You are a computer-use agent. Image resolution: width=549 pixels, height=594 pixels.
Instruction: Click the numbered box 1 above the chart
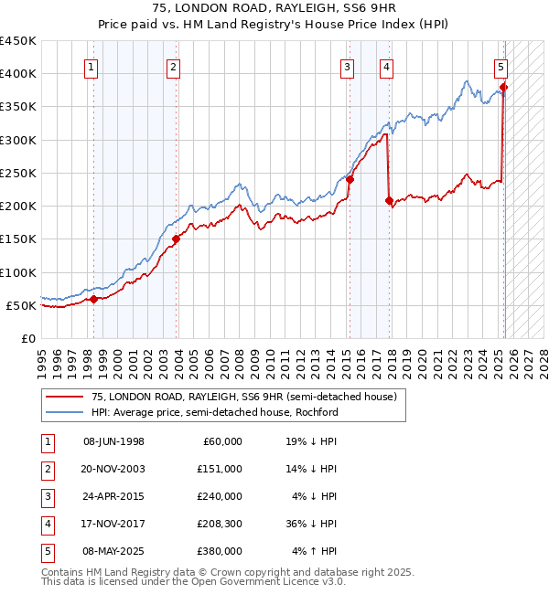click(x=92, y=66)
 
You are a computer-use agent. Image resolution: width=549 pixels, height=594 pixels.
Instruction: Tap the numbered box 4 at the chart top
click(x=387, y=66)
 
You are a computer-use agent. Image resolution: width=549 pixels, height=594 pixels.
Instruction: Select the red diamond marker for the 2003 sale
click(x=176, y=239)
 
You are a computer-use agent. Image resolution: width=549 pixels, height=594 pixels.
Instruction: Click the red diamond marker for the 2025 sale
click(x=503, y=88)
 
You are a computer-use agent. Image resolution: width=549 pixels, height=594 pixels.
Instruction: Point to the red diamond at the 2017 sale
click(x=390, y=201)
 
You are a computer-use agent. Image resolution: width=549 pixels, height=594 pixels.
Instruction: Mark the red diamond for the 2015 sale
click(x=350, y=180)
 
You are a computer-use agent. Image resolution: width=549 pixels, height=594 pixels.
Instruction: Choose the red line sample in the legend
click(x=65, y=398)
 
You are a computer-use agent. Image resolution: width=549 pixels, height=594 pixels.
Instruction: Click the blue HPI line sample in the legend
click(x=65, y=412)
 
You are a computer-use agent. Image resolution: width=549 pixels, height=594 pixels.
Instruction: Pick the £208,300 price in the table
click(x=219, y=524)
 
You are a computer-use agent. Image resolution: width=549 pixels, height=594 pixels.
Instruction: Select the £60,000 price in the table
click(x=222, y=441)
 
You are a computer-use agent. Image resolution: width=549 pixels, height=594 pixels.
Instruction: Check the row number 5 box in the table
click(x=48, y=551)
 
